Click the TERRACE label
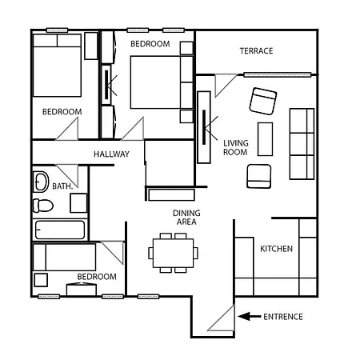[x=256, y=51]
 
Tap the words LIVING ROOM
[x=235, y=146]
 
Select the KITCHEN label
[x=276, y=249]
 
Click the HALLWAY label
[x=111, y=154]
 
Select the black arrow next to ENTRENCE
[x=249, y=317]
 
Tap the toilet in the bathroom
[x=42, y=206]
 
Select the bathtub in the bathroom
[x=58, y=230]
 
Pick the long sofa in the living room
[x=301, y=143]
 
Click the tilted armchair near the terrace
[x=262, y=100]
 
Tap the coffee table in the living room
[x=265, y=139]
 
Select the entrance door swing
[x=221, y=320]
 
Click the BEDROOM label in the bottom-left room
[x=96, y=277]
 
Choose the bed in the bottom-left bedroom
[x=64, y=257]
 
